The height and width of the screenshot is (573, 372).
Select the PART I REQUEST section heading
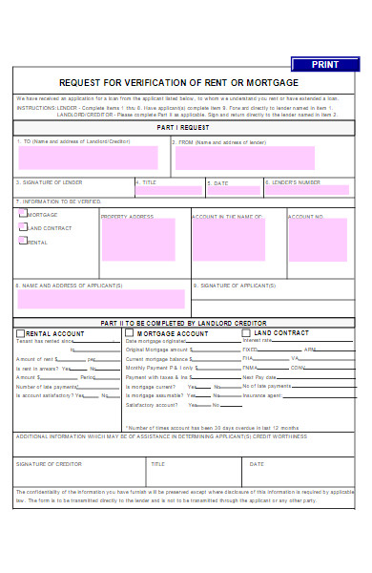[x=183, y=127]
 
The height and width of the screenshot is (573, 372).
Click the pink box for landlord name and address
[x=88, y=158]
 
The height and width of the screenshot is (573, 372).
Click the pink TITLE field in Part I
[x=169, y=190]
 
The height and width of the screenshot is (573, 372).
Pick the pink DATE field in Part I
[x=231, y=190]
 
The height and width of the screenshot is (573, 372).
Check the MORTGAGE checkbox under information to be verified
[x=23, y=215]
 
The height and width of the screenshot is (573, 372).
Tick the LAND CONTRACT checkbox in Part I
[x=23, y=227]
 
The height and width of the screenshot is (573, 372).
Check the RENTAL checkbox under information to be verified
[x=23, y=241]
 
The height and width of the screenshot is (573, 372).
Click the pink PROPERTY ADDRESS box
[x=138, y=241]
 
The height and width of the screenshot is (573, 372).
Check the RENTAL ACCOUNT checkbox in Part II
[x=21, y=333]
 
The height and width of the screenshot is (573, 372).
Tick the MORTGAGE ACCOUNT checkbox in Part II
[x=130, y=333]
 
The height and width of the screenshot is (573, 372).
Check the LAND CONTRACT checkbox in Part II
[x=246, y=333]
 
